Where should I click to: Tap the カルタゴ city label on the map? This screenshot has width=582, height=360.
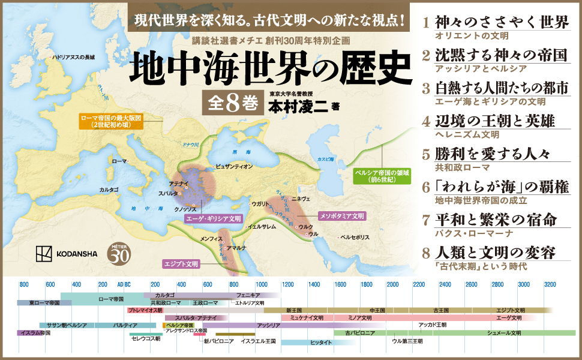point(109,190)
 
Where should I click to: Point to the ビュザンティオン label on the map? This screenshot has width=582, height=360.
point(233,166)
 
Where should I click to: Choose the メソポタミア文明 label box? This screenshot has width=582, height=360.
point(341,215)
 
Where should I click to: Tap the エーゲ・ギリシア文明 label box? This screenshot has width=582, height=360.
point(214,219)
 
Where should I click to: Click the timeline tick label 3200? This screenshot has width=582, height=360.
point(550,283)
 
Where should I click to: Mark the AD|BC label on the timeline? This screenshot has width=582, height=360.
point(124,283)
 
